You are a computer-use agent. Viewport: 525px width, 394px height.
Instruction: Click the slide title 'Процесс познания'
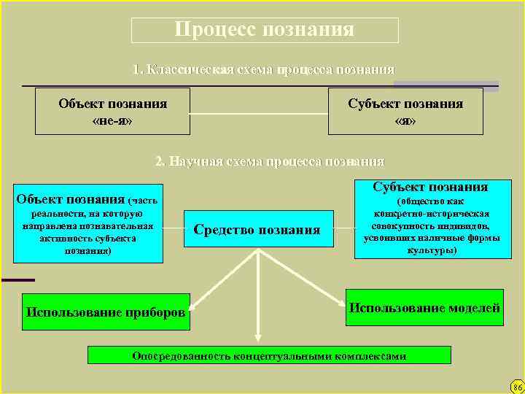[x=265, y=30]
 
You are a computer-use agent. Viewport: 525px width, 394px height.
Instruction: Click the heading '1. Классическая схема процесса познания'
[x=264, y=70]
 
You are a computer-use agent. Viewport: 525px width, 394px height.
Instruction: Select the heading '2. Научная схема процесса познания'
[x=269, y=161]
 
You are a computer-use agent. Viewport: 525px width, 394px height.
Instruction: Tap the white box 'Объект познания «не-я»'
[x=112, y=112]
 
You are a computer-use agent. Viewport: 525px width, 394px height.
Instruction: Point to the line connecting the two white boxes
[x=259, y=114]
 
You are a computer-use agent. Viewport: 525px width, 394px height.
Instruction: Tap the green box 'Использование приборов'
[x=106, y=312]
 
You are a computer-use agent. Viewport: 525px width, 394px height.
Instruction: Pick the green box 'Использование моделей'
[x=424, y=308]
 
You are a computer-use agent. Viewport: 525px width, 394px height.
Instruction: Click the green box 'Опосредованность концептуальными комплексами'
[x=269, y=356]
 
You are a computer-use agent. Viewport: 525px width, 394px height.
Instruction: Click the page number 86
[x=517, y=386]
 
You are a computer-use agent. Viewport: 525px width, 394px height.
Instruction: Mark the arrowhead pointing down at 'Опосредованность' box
[x=257, y=338]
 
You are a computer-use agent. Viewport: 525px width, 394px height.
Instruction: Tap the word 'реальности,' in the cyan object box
[x=55, y=213]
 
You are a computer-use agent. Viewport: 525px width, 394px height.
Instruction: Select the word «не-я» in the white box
[x=112, y=120]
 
